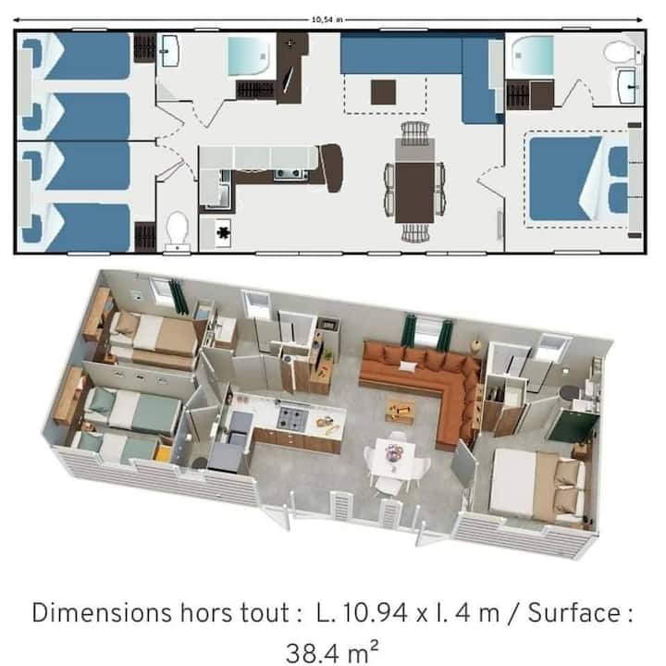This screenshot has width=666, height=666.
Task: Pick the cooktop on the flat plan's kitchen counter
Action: (285, 173)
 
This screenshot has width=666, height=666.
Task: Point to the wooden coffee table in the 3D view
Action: (400, 410)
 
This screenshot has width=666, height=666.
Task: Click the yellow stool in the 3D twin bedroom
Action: (163, 454)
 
